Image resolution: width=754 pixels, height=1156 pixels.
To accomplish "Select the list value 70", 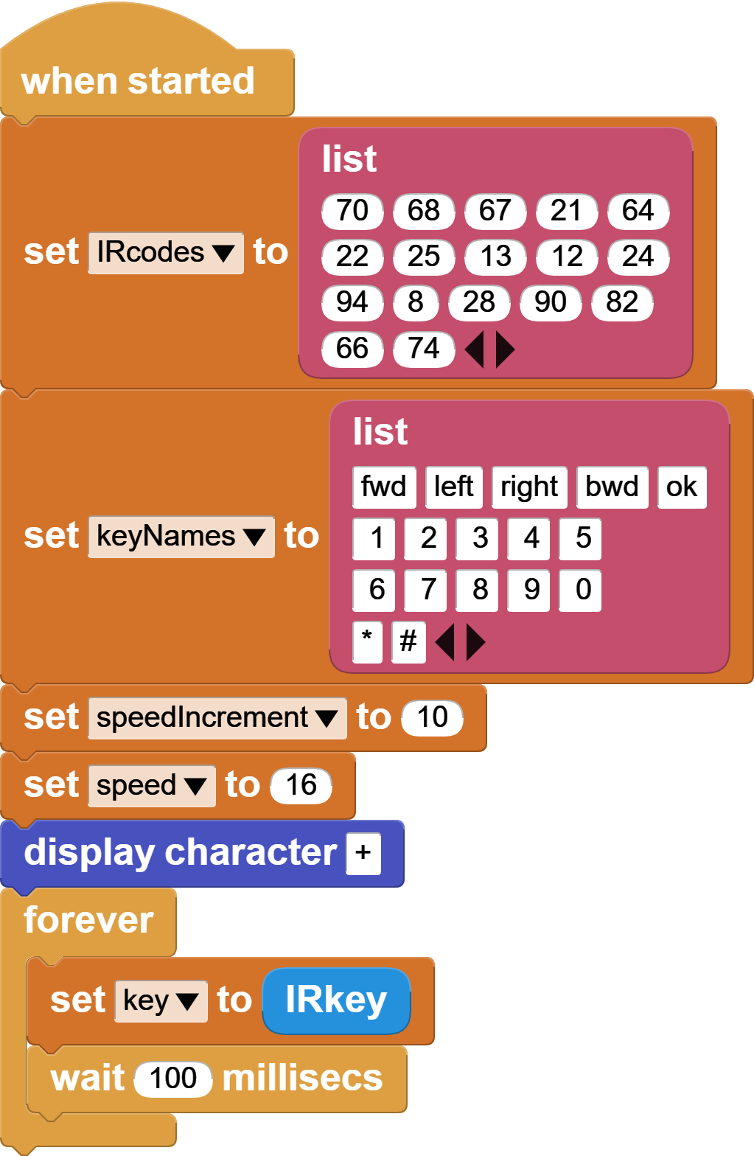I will point(352,211).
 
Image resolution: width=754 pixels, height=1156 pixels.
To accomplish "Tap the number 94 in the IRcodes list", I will point(352,302).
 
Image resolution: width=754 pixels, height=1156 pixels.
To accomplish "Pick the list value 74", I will point(424,349).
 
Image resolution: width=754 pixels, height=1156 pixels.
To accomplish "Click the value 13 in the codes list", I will point(495,257).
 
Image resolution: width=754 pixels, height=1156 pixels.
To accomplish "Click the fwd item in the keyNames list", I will point(384,487).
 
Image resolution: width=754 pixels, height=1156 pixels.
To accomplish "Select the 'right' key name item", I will point(529,487).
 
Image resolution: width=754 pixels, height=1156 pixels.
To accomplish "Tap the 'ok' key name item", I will point(682,487).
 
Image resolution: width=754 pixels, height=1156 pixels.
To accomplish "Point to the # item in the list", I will point(408,642).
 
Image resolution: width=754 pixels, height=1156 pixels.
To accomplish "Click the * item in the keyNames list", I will point(367,642).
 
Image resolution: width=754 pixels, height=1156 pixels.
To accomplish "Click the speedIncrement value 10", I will point(433,718).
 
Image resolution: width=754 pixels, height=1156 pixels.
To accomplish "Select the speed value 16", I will point(301,786).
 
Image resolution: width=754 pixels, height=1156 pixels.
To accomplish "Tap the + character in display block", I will point(363,854).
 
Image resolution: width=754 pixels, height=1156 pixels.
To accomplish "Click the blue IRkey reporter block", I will point(336,1001).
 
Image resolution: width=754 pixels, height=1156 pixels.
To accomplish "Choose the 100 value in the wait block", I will point(173,1079).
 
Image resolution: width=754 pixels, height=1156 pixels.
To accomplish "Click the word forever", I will point(88,921).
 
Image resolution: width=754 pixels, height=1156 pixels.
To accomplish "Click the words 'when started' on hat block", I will point(138,81).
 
